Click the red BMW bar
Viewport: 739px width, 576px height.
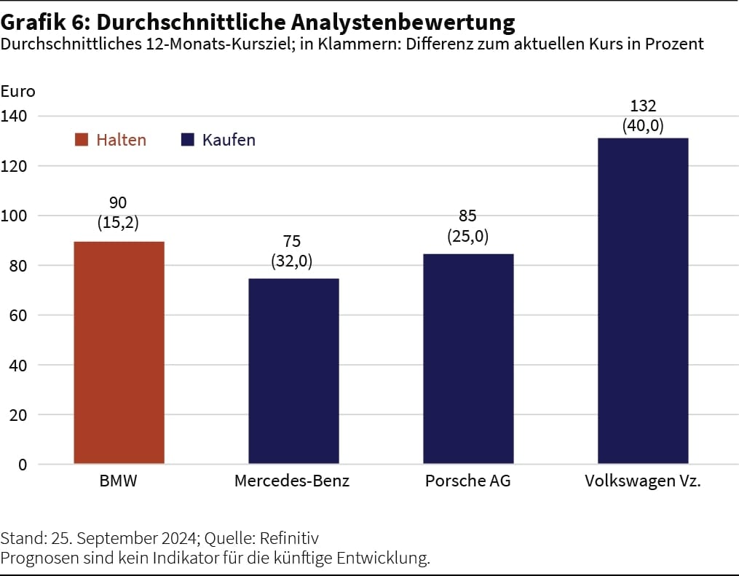point(119,352)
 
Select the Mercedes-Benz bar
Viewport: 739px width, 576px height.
point(293,371)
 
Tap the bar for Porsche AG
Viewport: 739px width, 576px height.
point(468,358)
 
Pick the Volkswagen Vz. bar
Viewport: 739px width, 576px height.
point(643,300)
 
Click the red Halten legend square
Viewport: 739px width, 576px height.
point(82,140)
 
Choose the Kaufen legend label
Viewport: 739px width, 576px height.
point(229,140)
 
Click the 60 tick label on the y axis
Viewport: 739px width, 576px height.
point(17,315)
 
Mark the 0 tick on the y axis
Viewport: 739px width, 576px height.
point(23,465)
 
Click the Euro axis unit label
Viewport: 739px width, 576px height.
point(17,92)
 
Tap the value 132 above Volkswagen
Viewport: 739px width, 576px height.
point(643,106)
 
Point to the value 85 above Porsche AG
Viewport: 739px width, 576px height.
point(468,217)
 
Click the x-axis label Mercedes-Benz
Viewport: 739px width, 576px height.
point(292,481)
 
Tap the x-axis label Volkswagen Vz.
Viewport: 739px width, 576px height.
point(643,481)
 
